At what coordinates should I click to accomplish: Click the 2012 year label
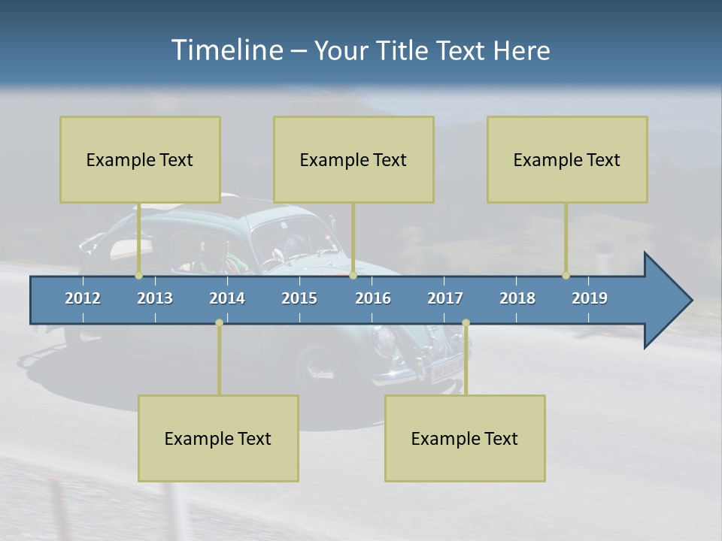[x=83, y=298]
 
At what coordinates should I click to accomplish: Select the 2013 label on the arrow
[x=155, y=298]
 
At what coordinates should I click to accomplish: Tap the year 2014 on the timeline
[x=227, y=298]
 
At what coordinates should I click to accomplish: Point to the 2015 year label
[x=299, y=298]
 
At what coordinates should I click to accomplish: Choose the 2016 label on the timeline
[x=373, y=298]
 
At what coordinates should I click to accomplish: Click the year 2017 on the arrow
[x=445, y=298]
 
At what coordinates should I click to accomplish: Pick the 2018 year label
[x=517, y=298]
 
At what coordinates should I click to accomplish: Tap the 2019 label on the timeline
[x=590, y=298]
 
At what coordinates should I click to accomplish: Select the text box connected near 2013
[x=140, y=159]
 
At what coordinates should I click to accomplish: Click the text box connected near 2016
[x=353, y=159]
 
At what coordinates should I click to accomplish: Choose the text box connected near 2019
[x=567, y=159]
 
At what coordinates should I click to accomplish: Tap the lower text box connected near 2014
[x=218, y=438]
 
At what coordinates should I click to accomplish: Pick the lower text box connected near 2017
[x=465, y=438]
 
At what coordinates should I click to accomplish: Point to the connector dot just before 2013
[x=139, y=276]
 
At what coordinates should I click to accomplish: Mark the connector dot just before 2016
[x=353, y=276]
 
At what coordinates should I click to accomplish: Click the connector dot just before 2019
[x=566, y=276]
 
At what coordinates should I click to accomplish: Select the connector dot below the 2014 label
[x=219, y=323]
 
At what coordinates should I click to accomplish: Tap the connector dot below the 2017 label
[x=466, y=323]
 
